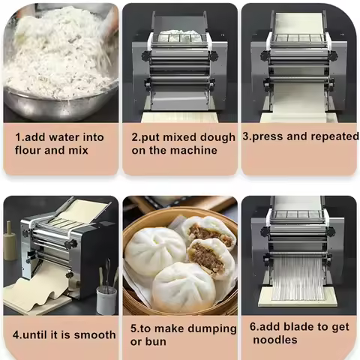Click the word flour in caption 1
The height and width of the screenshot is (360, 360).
click(x=28, y=150)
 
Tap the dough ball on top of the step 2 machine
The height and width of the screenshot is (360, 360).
click(x=180, y=35)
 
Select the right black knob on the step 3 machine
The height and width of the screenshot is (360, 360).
click(x=332, y=56)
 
